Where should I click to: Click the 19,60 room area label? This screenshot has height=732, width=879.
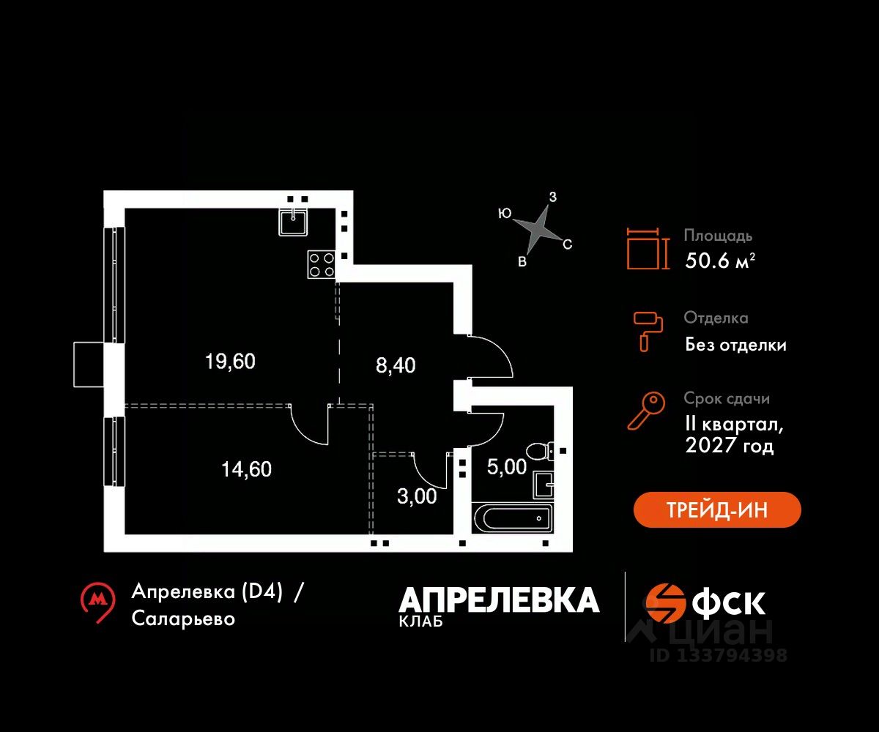click(x=230, y=362)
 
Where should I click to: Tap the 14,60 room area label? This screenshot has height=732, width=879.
click(x=246, y=469)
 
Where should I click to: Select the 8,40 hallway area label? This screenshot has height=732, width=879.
click(x=396, y=365)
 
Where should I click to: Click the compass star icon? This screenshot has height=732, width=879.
click(x=539, y=228)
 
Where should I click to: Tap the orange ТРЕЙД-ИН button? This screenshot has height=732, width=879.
click(x=717, y=510)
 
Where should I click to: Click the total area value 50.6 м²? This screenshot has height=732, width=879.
click(x=720, y=260)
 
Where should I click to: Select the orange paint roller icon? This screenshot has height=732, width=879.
click(x=648, y=329)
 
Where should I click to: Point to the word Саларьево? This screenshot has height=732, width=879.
click(x=184, y=619)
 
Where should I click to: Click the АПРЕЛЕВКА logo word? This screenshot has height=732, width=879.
click(x=499, y=600)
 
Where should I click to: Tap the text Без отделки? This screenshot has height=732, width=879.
click(x=735, y=345)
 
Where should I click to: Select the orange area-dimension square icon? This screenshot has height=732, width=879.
click(x=648, y=248)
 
